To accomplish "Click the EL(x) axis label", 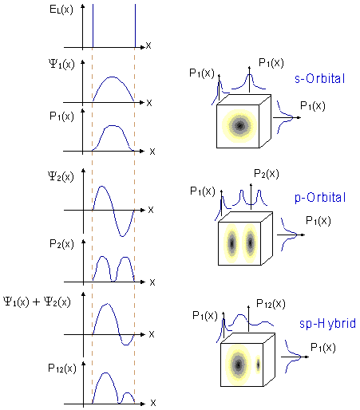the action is (x=61, y=10).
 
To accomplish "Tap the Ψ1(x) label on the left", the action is (x=61, y=64).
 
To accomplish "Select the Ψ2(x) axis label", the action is (x=61, y=176).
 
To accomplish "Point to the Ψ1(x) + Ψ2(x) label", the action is (x=37, y=302).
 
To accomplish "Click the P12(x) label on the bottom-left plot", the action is (x=62, y=369).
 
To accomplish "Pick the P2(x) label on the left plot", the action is (x=61, y=244).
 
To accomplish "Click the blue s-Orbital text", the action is (x=320, y=79).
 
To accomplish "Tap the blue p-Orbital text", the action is (x=320, y=198).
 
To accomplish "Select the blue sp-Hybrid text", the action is (x=327, y=324).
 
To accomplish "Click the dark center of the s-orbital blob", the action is (x=240, y=126).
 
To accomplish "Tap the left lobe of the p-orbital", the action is (x=231, y=243).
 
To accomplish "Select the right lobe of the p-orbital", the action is (x=250, y=242).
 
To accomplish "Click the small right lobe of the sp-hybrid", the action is (x=258, y=365).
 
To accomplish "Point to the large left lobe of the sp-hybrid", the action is (x=238, y=365).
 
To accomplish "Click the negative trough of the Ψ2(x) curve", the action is (x=122, y=236).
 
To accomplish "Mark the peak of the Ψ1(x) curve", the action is (x=112, y=77).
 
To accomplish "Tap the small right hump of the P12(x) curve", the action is (x=127, y=392).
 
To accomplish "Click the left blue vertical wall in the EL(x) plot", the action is (x=93, y=26).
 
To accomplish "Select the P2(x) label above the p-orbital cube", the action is (x=267, y=174).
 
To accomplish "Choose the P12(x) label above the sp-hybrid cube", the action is (x=271, y=304).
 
